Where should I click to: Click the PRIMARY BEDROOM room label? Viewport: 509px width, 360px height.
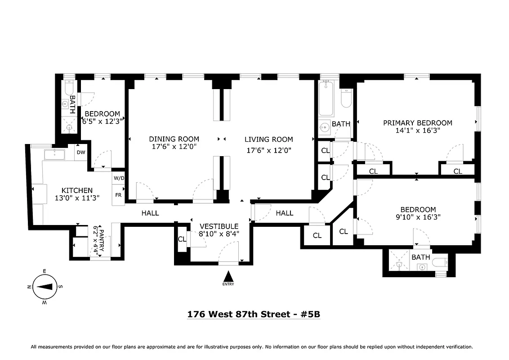point(417,123)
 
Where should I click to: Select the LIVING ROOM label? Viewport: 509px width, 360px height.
point(268,139)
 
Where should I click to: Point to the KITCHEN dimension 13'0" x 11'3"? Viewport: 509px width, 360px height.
point(77,198)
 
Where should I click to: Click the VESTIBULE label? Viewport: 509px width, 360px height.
point(219,226)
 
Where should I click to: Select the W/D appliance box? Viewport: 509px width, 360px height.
point(118,178)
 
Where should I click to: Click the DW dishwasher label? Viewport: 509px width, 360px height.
point(81,152)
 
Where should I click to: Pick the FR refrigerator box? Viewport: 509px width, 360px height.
point(118,195)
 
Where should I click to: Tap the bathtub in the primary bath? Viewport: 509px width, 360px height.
point(325,99)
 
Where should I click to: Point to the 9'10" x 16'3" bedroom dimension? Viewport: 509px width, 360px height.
point(418,217)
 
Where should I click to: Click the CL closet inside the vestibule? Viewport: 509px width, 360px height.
point(182,239)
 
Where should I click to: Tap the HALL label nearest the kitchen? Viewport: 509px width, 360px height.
point(150,213)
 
